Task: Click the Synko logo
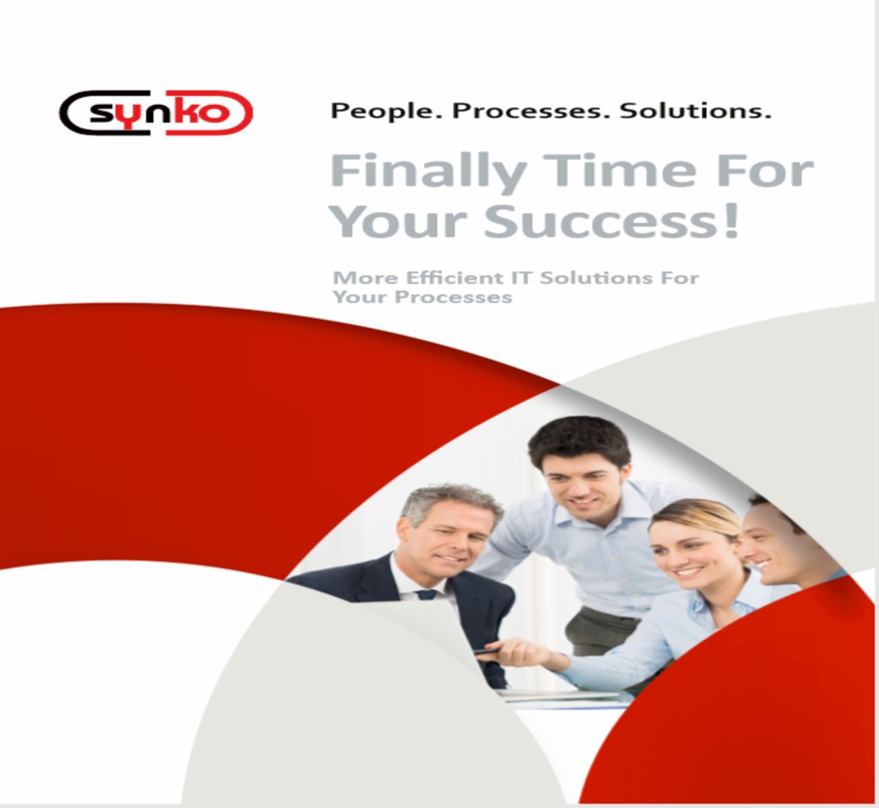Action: (x=156, y=113)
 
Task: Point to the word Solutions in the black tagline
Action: (x=695, y=110)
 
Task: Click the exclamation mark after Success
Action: (x=731, y=221)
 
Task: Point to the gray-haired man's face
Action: (x=447, y=538)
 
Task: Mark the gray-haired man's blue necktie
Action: (x=426, y=594)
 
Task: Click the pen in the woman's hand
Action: (x=489, y=650)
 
